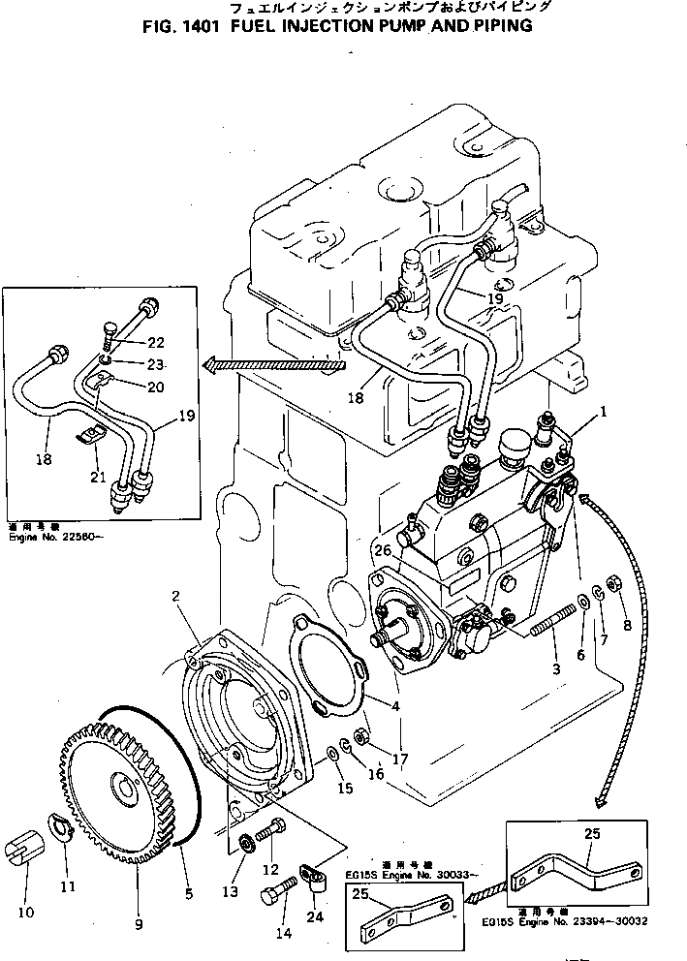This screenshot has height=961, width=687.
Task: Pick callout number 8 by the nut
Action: point(627,625)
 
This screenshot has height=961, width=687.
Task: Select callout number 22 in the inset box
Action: point(156,341)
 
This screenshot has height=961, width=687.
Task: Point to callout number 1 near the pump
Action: point(604,411)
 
